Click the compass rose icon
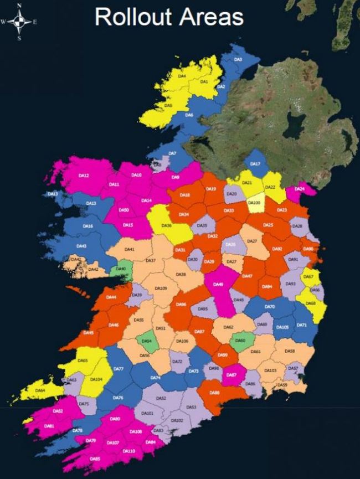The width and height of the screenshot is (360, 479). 19,22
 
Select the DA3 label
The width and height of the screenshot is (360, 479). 238,59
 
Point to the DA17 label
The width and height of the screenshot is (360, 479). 255,164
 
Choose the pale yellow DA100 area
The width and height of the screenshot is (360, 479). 254,203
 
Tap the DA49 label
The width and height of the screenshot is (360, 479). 218,284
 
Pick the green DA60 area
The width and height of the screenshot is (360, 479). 240,341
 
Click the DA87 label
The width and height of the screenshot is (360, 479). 232,375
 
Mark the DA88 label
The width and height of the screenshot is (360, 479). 215,393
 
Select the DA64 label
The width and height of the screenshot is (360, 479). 40,390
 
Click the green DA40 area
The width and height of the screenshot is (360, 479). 121,269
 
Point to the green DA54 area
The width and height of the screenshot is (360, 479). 147,341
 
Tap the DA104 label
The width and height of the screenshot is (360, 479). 96,379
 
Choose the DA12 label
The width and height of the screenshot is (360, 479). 84,176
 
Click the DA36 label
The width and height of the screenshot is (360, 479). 166,226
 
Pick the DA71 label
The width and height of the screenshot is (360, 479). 301,325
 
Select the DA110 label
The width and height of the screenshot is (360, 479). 128,451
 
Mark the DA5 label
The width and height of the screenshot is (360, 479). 168,105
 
